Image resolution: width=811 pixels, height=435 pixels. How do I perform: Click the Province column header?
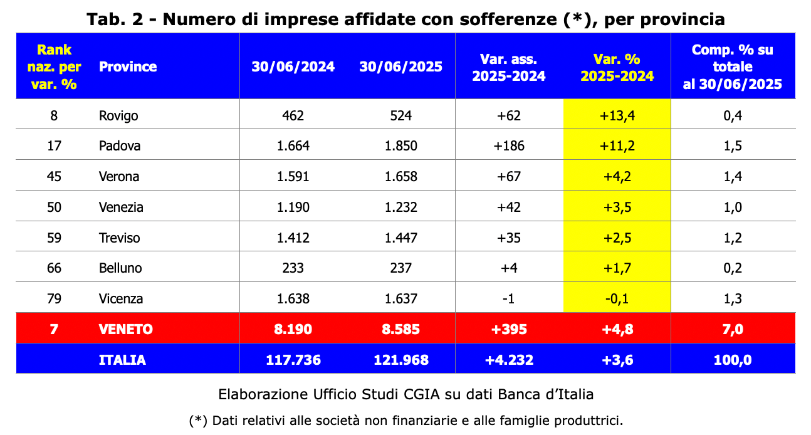(128, 66)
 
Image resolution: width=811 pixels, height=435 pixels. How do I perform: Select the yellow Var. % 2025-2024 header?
(617, 67)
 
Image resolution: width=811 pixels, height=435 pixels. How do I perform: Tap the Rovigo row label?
(118, 115)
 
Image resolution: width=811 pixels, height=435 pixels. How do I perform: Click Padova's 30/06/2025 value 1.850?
(401, 146)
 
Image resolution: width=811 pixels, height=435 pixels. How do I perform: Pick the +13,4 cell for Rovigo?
(617, 115)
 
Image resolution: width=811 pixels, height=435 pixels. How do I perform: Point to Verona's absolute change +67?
(508, 177)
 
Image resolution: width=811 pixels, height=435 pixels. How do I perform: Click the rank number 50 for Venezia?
(55, 207)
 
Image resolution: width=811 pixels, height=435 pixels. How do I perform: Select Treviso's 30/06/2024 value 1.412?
(293, 238)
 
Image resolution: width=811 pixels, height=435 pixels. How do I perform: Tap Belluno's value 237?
(401, 268)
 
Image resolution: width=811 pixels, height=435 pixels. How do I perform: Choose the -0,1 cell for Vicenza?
(617, 298)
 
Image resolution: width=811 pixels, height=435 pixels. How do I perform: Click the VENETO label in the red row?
(126, 329)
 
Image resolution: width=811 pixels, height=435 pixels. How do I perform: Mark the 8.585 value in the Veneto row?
(401, 329)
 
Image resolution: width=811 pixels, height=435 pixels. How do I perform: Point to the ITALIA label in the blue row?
(122, 360)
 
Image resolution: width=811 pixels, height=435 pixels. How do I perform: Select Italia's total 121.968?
(401, 360)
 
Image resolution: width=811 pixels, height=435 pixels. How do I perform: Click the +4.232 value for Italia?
(508, 360)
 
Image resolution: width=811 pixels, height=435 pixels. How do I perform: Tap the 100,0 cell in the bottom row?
(732, 360)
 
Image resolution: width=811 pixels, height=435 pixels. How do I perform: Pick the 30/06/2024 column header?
(293, 67)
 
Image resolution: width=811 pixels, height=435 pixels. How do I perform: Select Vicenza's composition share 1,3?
(732, 298)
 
